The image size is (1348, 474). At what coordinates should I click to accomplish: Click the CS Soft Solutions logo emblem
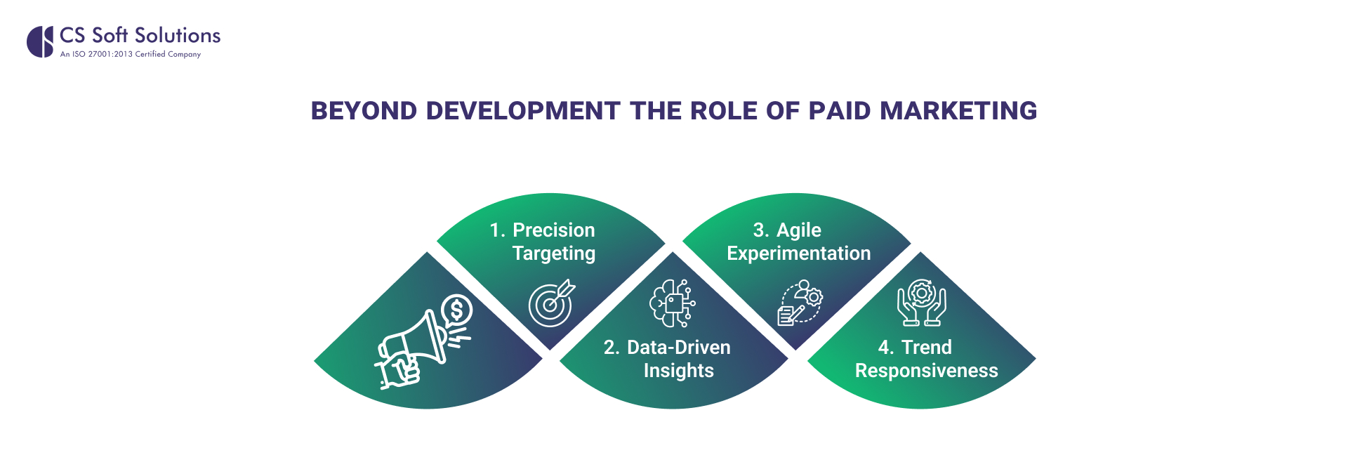[x=40, y=41]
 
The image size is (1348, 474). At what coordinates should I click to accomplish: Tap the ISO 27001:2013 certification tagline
[x=131, y=54]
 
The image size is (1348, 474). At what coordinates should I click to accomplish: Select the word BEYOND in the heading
[x=364, y=111]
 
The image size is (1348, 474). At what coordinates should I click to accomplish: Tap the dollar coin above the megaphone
[x=457, y=309]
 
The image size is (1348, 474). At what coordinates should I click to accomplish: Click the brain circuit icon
[x=672, y=303]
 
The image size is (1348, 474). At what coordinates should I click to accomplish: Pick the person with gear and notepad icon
[x=800, y=303]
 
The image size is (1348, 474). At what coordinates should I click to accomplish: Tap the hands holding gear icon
[x=921, y=303]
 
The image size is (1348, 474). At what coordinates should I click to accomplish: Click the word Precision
[x=553, y=230]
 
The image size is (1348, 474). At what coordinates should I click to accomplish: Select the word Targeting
[x=553, y=254]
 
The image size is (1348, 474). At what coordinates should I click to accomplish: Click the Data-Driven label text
[x=678, y=348]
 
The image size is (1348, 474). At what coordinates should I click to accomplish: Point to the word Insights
[x=678, y=371]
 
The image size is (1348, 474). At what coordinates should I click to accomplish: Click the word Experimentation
[x=798, y=254]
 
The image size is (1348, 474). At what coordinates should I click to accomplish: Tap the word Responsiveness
[x=926, y=371]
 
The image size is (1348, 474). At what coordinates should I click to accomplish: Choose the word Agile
[x=798, y=230]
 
